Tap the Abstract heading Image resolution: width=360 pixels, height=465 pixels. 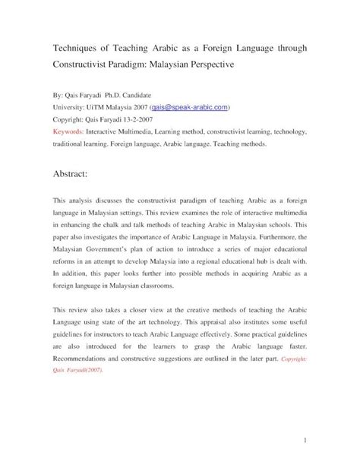pos(71,173)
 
